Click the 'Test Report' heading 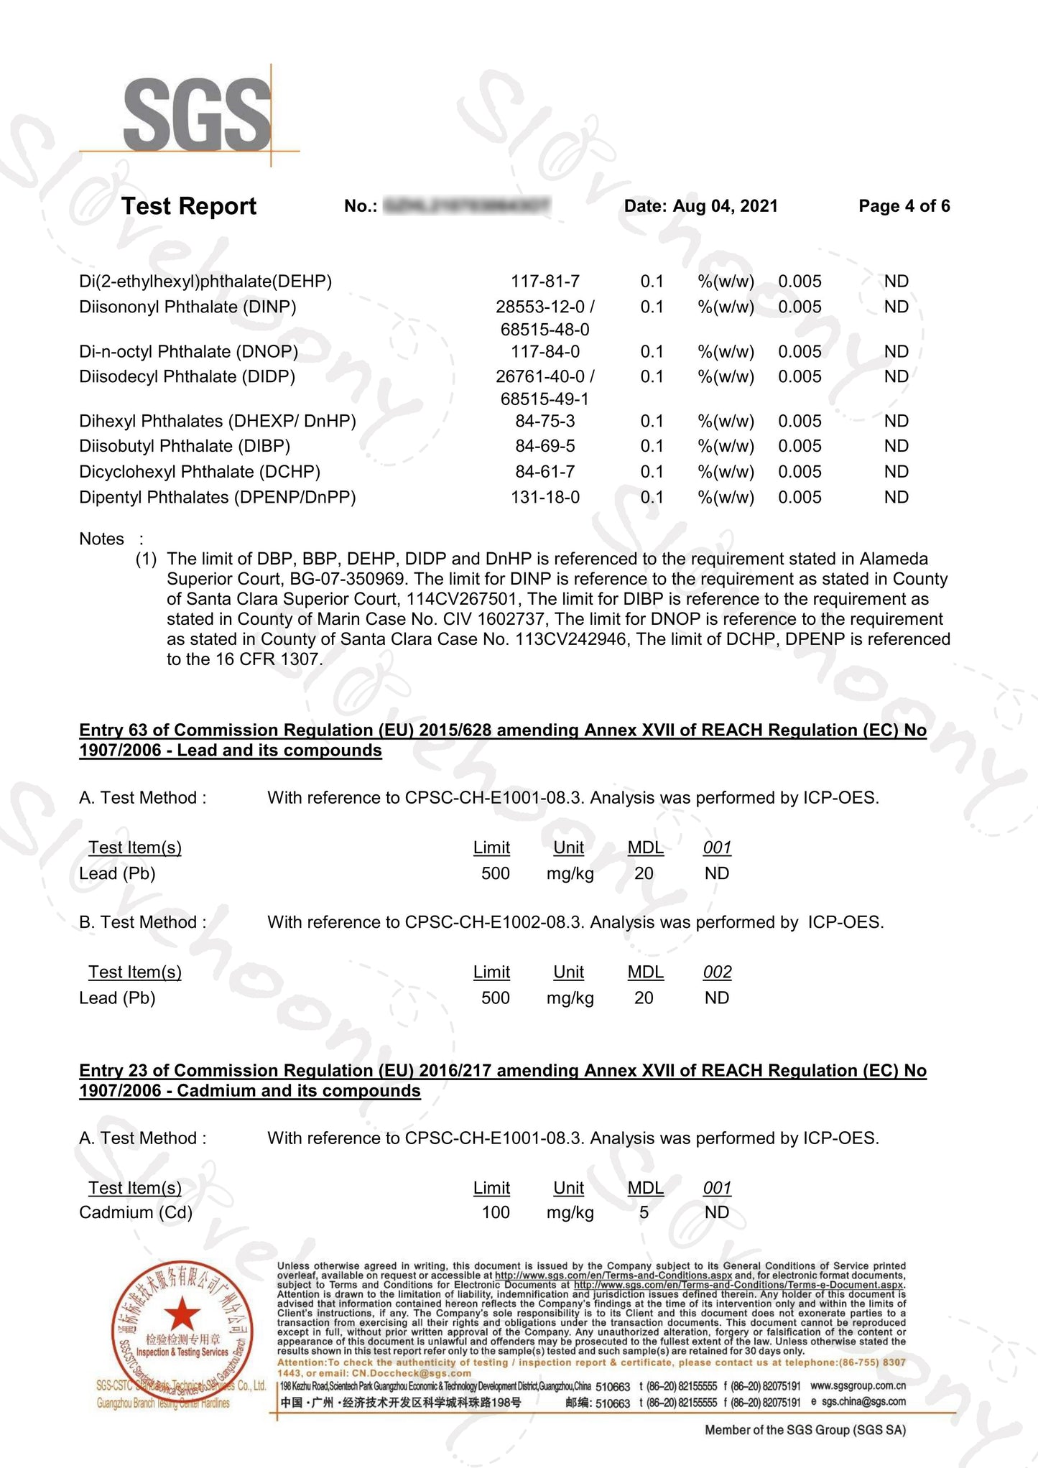(188, 206)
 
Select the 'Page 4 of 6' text (904, 206)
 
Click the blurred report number (467, 206)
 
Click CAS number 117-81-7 (545, 282)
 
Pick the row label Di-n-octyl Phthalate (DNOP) (188, 352)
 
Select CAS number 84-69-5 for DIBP (545, 446)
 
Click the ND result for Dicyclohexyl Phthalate (896, 472)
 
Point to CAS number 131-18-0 (545, 497)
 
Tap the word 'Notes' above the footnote (101, 539)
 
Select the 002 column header (717, 972)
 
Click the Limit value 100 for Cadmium (495, 1212)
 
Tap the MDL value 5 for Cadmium (644, 1212)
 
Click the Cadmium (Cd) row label (136, 1212)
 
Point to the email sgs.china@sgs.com (863, 1401)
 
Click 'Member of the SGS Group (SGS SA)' (805, 1430)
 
